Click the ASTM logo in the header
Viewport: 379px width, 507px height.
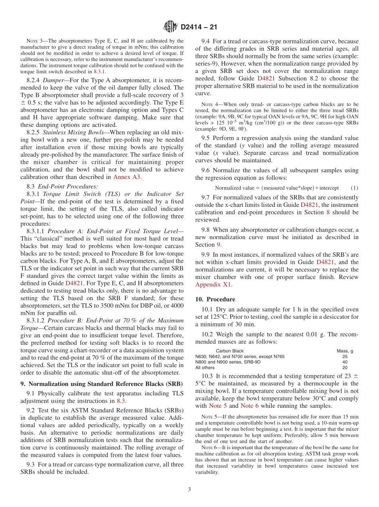pyautogui.click(x=170, y=27)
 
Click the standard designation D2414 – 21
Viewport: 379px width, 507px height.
pyautogui.click(x=199, y=28)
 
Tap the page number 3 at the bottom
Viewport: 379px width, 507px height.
pyautogui.click(x=189, y=489)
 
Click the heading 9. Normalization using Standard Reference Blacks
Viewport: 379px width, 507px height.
pyautogui.click(x=102, y=384)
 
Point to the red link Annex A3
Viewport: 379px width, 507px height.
pyautogui.click(x=127, y=177)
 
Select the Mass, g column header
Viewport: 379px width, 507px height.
pyautogui.click(x=345, y=351)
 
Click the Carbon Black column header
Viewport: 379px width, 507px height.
pyautogui.click(x=229, y=351)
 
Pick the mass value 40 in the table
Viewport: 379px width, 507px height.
pyautogui.click(x=345, y=362)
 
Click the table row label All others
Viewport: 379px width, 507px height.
pyautogui.click(x=205, y=367)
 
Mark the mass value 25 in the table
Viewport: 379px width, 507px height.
pyautogui.click(x=345, y=356)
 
